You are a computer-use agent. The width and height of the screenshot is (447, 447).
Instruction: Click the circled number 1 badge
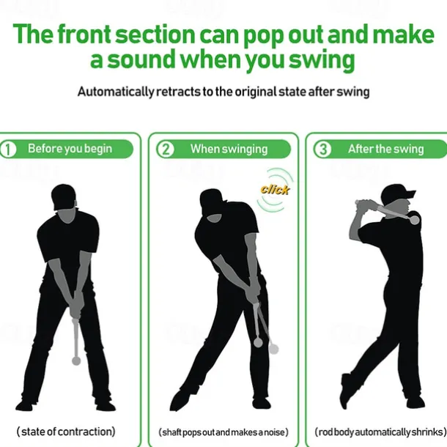8,149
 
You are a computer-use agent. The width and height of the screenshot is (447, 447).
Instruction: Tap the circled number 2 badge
165,149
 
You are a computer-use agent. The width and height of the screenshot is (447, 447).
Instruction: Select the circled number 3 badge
322,149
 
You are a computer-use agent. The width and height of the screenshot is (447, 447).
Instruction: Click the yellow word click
275,190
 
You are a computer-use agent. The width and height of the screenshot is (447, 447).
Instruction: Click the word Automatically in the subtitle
116,92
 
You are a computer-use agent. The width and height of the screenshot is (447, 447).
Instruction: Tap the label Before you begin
70,149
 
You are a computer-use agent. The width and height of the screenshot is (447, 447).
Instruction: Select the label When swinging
229,149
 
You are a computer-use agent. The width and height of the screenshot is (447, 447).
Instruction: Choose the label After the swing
385,149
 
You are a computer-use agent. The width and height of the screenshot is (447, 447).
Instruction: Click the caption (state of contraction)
66,432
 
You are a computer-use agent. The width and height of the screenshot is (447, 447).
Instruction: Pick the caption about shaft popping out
223,432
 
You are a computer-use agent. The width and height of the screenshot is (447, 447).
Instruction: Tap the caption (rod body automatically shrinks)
380,432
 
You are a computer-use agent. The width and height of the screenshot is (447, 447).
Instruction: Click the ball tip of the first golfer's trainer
76,361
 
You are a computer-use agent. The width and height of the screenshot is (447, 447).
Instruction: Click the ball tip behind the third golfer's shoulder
415,220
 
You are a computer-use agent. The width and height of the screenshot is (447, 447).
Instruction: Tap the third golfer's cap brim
410,194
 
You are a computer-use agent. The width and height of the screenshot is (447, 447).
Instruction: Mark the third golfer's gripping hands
367,204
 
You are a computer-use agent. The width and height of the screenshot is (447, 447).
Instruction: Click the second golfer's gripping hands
252,296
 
